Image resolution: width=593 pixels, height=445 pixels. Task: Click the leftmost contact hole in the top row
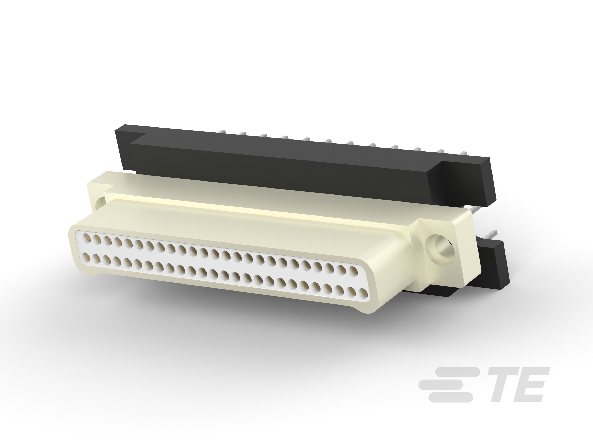87,237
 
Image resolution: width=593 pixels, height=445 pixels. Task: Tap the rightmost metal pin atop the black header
463,153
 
